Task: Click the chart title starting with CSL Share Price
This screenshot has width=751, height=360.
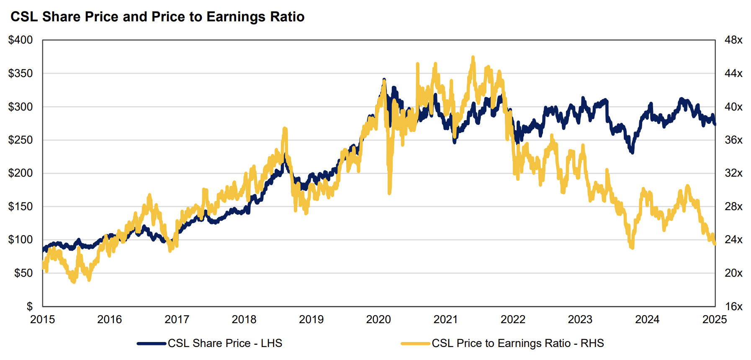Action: coord(157,17)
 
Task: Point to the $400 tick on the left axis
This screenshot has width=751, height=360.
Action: coord(21,40)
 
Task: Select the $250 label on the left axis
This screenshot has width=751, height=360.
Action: coord(21,140)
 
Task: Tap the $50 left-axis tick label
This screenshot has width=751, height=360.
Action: coord(23,273)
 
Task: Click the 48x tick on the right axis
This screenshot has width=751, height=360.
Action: coord(733,40)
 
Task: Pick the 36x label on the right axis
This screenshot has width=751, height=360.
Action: coord(733,140)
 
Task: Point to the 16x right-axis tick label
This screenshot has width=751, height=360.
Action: coord(733,306)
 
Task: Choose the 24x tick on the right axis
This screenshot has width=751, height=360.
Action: coord(733,240)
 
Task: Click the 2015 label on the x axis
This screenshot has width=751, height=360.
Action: coord(42,319)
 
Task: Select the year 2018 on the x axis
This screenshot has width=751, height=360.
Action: coord(244,319)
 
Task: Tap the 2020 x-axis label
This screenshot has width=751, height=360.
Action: coord(378,319)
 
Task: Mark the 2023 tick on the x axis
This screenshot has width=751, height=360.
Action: coord(580,319)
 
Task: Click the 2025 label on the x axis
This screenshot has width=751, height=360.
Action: coord(715,319)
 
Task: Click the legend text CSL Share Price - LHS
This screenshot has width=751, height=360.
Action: coord(225,343)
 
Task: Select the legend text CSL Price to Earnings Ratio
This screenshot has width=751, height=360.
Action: coord(518,343)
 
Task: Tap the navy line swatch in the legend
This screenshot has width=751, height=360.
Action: coord(152,344)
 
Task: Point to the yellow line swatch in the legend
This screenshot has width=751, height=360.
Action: coord(415,344)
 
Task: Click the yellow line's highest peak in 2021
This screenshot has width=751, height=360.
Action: coord(473,57)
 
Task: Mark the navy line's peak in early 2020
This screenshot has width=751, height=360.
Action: coord(384,80)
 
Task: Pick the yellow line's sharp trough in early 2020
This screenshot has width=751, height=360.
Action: coord(389,193)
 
